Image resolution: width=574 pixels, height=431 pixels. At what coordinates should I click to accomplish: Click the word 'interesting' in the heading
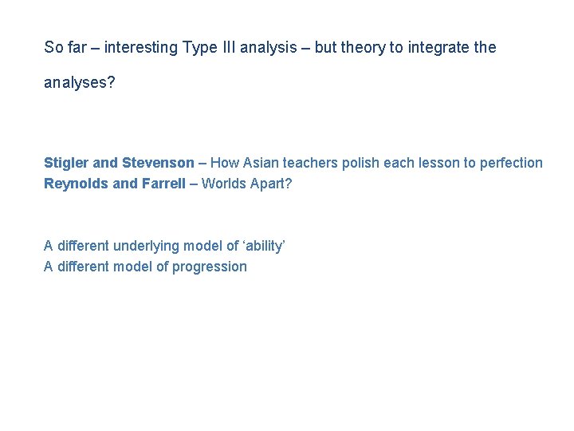[x=140, y=48]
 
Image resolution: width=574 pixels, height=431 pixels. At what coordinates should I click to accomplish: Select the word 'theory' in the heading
[x=363, y=48]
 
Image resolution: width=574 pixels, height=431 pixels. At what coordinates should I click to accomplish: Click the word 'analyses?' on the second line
[x=79, y=83]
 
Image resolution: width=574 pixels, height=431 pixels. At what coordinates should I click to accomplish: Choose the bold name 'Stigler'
[x=67, y=163]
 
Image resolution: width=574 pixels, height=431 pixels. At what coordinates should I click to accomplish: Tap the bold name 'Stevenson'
[x=158, y=163]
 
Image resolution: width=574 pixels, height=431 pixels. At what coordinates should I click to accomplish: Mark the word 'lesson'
[x=438, y=163]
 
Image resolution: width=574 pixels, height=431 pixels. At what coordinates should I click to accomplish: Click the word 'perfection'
[x=511, y=163]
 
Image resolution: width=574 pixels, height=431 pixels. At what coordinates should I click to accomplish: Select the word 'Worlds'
[x=223, y=184]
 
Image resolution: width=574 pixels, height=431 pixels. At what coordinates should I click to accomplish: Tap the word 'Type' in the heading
[x=199, y=48]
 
